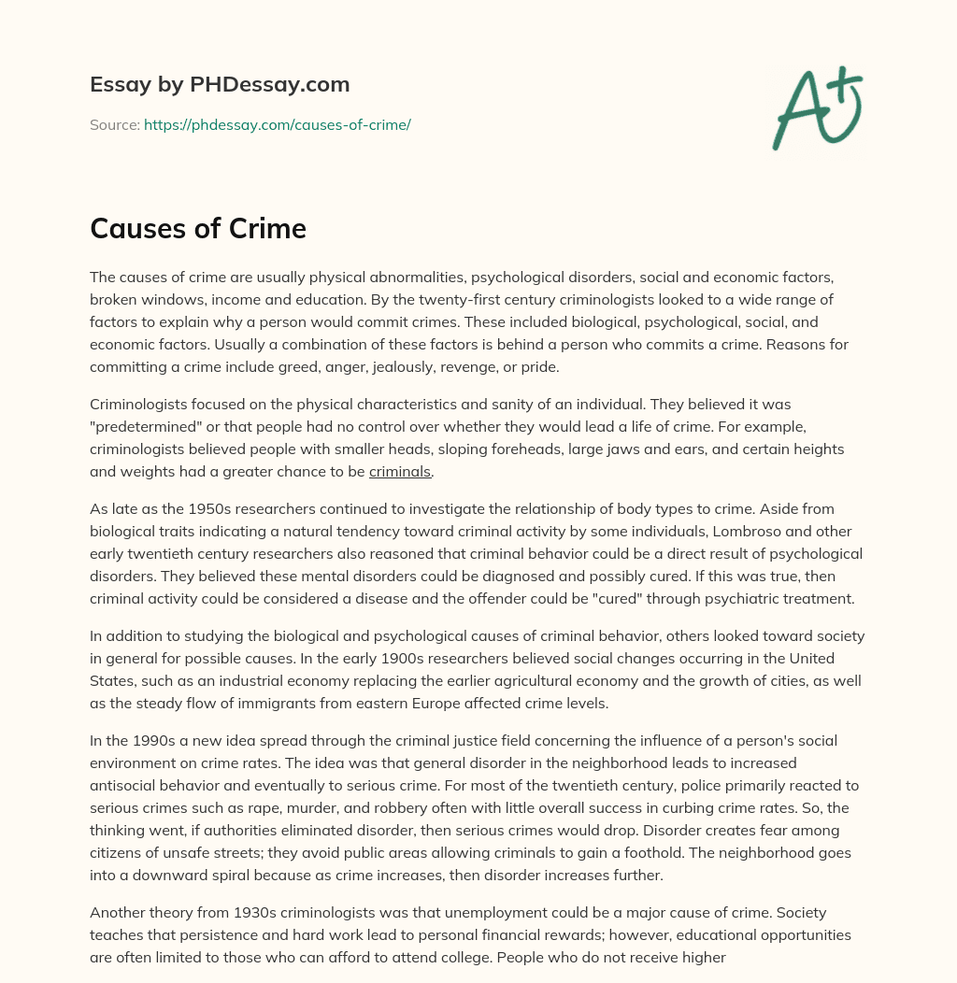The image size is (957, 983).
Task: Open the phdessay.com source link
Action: point(277,124)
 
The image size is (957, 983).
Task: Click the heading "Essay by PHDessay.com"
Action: point(220,85)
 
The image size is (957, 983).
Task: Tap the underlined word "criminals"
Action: point(400,472)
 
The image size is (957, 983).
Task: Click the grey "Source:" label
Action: point(114,124)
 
